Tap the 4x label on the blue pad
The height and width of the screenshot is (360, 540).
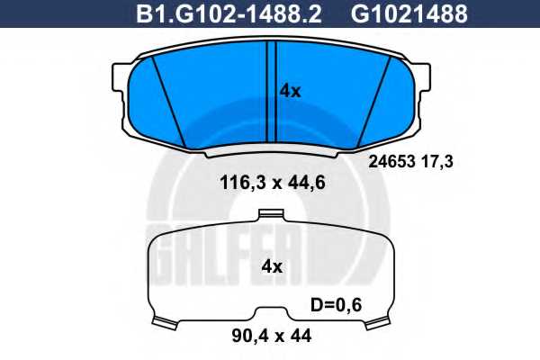coord(290,90)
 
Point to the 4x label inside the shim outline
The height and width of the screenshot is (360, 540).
coord(271,266)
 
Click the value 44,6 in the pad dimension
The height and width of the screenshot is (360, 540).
coord(307,184)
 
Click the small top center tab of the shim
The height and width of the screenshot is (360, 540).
coord(268,215)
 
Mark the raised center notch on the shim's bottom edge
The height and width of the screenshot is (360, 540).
coord(270,312)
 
